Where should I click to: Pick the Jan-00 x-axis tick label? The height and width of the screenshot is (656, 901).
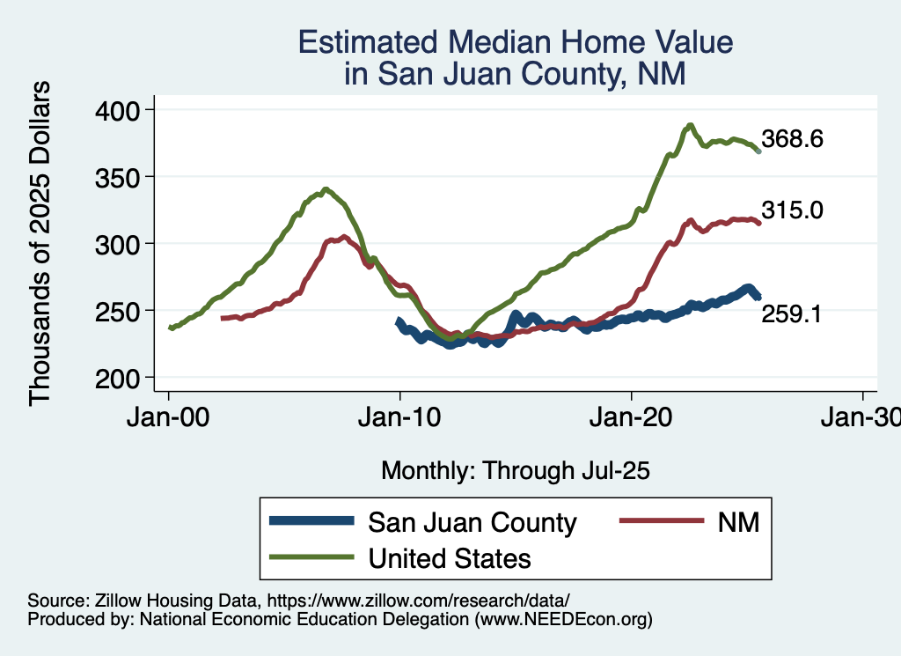(168, 417)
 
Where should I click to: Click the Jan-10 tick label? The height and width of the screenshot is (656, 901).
(399, 417)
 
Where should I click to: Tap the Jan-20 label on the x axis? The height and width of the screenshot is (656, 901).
(632, 417)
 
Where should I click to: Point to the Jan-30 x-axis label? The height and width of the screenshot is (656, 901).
(863, 417)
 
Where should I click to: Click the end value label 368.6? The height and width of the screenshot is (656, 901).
(792, 139)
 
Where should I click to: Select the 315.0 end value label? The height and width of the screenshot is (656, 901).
(792, 210)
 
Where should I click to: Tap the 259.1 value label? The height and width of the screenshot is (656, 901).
(792, 313)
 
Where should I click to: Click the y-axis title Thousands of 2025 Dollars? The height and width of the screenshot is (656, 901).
(40, 243)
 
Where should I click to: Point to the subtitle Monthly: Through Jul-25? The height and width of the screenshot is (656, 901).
(515, 470)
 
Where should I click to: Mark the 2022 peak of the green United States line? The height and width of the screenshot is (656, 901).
(691, 125)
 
